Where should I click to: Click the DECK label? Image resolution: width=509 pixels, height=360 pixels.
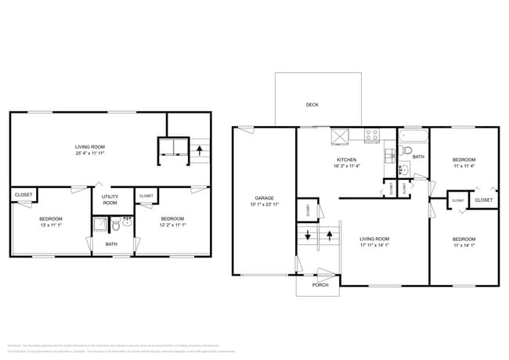pyautogui.click(x=312, y=104)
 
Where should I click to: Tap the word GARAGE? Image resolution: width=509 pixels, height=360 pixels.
pyautogui.click(x=263, y=197)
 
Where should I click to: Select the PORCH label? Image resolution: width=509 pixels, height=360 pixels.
pyautogui.click(x=319, y=285)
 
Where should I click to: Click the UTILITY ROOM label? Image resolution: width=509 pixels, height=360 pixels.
pyautogui.click(x=110, y=200)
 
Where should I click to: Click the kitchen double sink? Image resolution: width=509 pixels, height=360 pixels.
pyautogui.click(x=389, y=155)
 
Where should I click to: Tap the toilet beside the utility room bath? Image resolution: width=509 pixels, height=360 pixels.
pyautogui.click(x=115, y=225)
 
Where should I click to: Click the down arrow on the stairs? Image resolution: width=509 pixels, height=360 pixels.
pyautogui.click(x=307, y=234)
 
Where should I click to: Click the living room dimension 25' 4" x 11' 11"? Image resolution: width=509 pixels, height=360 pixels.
pyautogui.click(x=90, y=153)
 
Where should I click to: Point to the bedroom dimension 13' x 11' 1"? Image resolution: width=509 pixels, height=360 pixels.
pyautogui.click(x=51, y=225)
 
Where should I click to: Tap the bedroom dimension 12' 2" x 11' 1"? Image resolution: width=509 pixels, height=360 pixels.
pyautogui.click(x=172, y=225)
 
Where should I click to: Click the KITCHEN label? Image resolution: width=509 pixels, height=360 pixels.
pyautogui.click(x=347, y=160)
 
